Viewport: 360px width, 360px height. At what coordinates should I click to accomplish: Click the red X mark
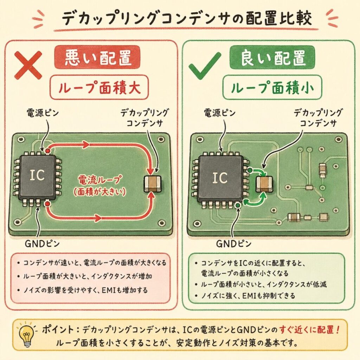[28, 65]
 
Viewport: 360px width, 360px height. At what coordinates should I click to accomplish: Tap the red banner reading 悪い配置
[97, 57]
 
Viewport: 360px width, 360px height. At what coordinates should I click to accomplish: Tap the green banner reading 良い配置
[272, 57]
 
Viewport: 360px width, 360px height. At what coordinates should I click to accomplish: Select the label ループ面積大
[99, 87]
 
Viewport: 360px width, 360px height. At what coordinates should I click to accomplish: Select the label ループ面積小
[272, 87]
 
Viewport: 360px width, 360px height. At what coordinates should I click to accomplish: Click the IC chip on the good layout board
[220, 178]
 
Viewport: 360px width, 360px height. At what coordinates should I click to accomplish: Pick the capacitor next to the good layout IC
[264, 184]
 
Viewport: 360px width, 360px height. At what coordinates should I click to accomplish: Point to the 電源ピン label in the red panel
[43, 113]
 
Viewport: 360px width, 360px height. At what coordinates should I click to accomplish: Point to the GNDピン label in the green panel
[234, 244]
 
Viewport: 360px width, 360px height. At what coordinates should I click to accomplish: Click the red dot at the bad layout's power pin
[47, 151]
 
